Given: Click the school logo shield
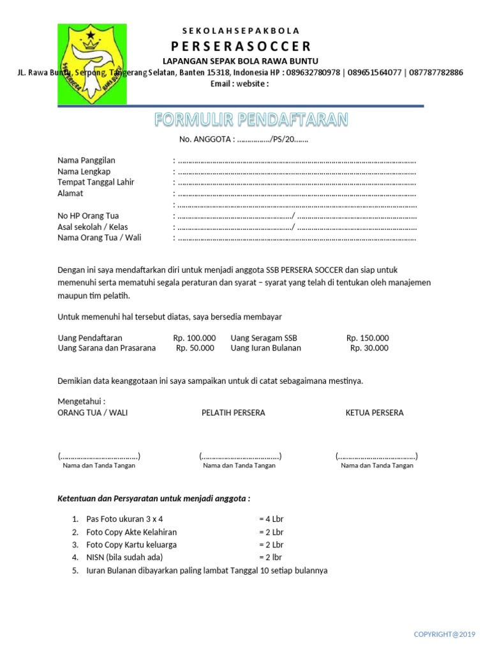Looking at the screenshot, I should (92, 64).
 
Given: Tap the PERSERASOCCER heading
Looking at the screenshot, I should (241, 46).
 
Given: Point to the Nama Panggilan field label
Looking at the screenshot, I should (86, 160).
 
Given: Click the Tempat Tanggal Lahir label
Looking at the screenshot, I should (96, 182).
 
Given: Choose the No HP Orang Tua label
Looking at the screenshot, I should (88, 216).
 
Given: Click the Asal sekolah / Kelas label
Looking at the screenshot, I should (93, 227).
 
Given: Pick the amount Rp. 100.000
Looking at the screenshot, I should (195, 338).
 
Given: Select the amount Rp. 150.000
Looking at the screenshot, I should (367, 338).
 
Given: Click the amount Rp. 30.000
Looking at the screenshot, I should (369, 348).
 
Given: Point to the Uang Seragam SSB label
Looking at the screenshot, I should (264, 338).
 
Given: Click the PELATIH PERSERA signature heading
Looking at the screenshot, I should (233, 413).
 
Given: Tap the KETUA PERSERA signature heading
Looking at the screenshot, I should (375, 413).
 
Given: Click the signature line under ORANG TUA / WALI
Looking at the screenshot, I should (99, 456).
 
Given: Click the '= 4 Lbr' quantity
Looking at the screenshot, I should (271, 519).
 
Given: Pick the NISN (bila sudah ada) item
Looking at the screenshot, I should (121, 558).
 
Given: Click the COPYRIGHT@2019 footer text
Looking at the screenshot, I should (445, 634).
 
